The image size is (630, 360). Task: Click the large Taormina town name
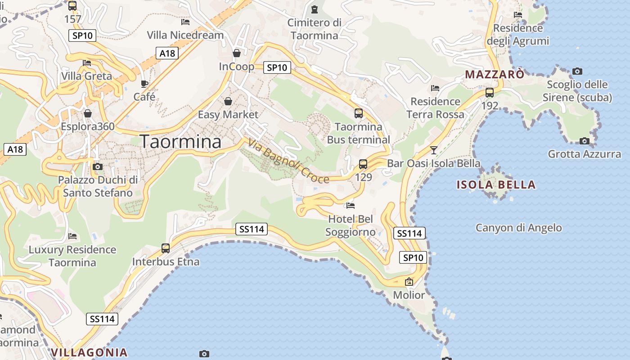click(x=180, y=142)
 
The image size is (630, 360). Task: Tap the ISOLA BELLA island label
click(x=496, y=185)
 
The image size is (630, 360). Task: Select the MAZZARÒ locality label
click(x=495, y=74)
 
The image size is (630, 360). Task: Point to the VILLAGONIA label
click(x=89, y=352)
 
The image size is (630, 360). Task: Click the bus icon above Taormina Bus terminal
click(x=359, y=113)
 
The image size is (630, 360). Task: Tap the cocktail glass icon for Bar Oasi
click(x=434, y=150)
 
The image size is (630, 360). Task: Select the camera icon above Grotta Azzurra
click(x=585, y=141)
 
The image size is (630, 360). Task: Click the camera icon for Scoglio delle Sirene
click(x=577, y=71)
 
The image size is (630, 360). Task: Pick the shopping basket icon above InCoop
click(x=237, y=54)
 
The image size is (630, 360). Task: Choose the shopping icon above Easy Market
click(x=228, y=101)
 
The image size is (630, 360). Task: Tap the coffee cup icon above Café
click(x=144, y=84)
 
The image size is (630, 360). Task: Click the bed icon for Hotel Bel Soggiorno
click(x=351, y=206)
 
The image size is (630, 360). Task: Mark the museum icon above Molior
click(x=409, y=282)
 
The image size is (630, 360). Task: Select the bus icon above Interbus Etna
click(x=166, y=248)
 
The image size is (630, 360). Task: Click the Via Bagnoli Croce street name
click(x=288, y=161)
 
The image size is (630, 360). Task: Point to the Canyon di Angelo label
click(x=518, y=228)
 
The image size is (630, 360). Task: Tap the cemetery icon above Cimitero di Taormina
click(x=315, y=9)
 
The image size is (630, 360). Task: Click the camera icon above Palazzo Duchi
click(x=97, y=167)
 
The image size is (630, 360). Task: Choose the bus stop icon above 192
click(x=490, y=93)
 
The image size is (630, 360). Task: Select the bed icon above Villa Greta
click(x=87, y=63)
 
